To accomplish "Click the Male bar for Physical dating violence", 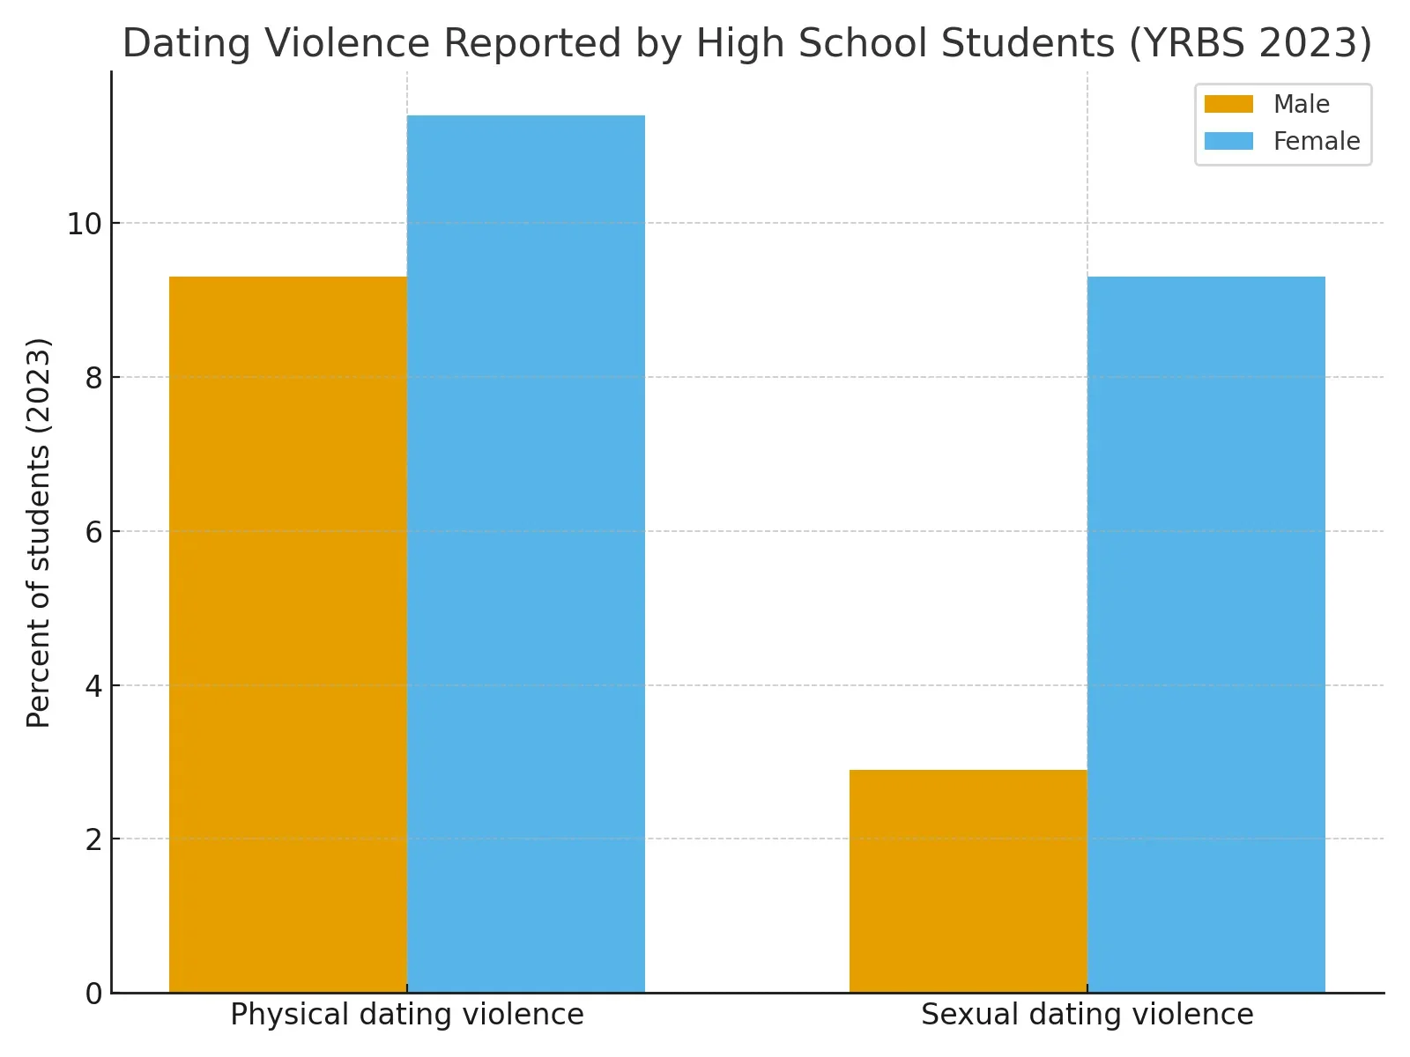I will coord(288,634).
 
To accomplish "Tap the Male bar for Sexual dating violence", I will coord(968,881).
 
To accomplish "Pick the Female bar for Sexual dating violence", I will coord(1206,634).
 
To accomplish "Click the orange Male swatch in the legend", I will coord(1228,104).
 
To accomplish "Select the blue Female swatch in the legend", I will coord(1228,141).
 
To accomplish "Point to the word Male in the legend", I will coord(1301,104).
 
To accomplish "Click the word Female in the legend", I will coord(1317,141).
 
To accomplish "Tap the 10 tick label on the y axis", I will coord(85,224).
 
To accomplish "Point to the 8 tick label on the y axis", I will coord(93,378).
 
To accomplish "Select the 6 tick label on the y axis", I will coord(93,532).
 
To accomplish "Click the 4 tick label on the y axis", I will coord(93,686).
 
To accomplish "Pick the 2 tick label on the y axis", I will coord(93,839).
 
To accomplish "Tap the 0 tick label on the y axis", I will coord(93,994).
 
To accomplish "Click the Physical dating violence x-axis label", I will coord(407,1015).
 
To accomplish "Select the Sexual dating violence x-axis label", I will coord(1087,1015).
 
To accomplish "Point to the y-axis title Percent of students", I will coord(39,532).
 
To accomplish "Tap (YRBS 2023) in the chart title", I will coord(1250,43).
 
